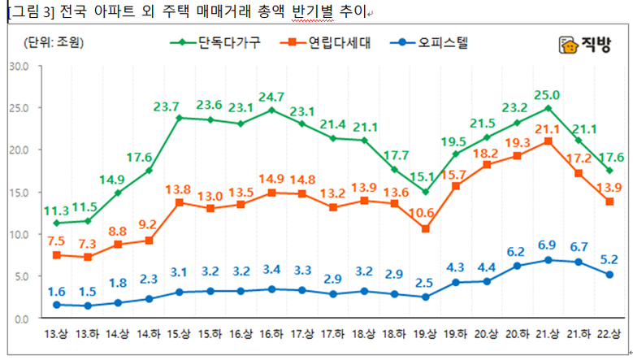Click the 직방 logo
(582, 46)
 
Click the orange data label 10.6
(426, 213)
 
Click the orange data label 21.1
(548, 128)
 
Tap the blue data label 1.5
(87, 292)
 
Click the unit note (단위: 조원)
(55, 43)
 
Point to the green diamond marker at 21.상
(548, 108)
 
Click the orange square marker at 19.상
(426, 229)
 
